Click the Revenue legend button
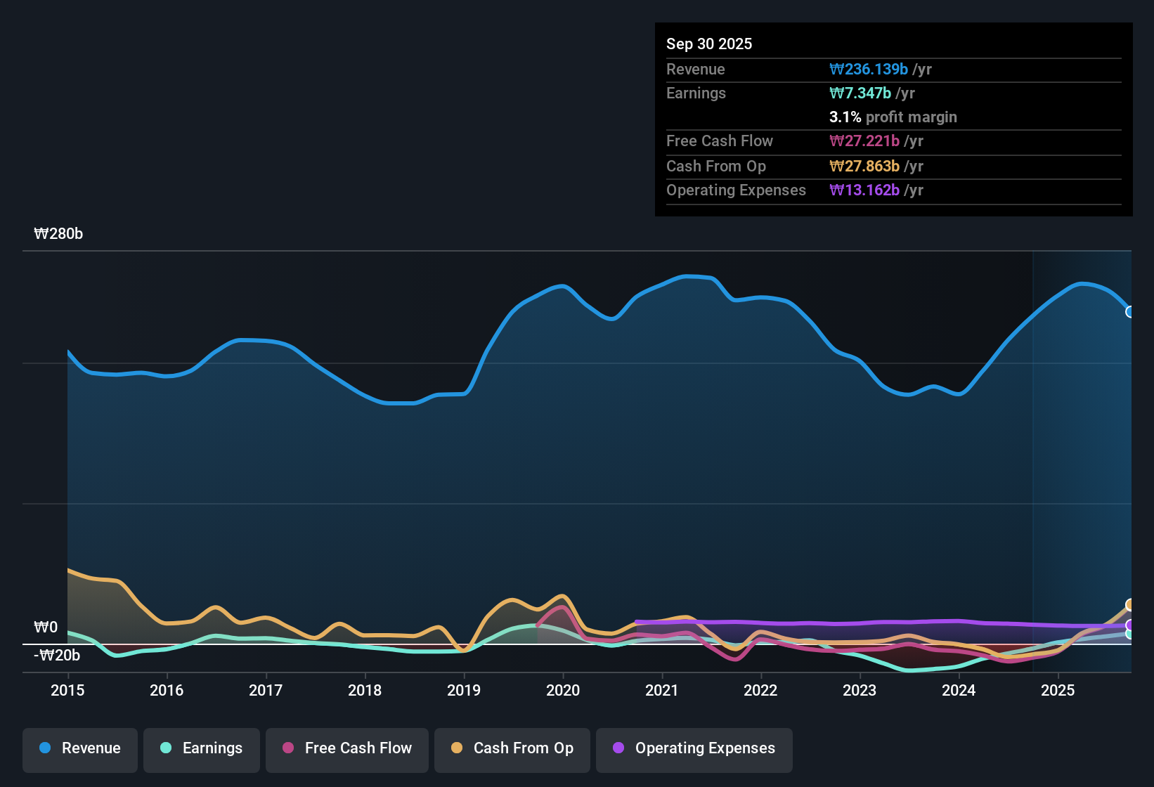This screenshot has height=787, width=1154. coord(80,748)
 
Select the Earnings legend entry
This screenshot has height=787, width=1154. coord(201,748)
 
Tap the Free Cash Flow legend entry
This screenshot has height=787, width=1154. coord(346,748)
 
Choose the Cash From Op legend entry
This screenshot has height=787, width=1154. coord(512,748)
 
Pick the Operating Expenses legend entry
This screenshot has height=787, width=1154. coord(694,748)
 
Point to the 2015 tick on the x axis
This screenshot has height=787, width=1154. coord(67,690)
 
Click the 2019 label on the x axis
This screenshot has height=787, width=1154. coord(464,690)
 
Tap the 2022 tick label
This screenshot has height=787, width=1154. coord(760,690)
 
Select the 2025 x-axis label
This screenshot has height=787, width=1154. coord(1058,690)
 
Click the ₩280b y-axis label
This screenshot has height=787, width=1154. coord(58,234)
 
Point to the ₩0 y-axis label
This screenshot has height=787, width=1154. coord(46,627)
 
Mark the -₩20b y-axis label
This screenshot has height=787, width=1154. coord(57,656)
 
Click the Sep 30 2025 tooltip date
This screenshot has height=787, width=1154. coord(709,44)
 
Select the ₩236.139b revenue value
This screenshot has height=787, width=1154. coord(869,69)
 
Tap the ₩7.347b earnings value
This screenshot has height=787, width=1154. coord(860,93)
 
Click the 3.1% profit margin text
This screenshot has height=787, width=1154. coord(893,117)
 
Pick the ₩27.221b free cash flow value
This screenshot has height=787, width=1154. coord(864,141)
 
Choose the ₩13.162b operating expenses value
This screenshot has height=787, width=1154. coord(864,190)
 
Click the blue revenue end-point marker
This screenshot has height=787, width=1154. coord(1129,312)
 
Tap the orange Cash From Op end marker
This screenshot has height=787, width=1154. coord(1129,604)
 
